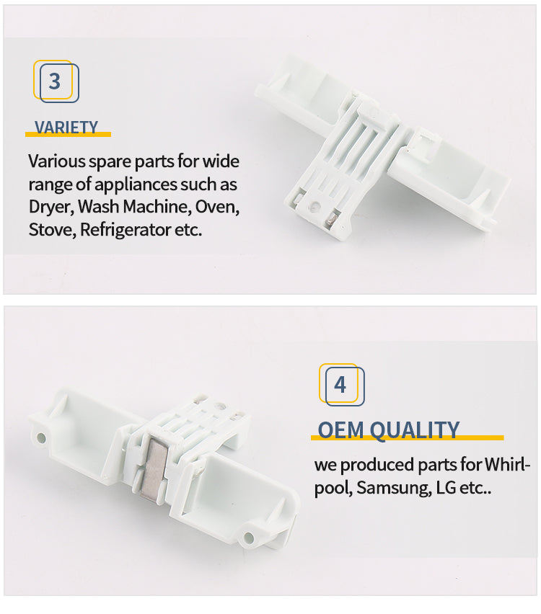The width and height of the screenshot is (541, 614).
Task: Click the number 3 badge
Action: (x=56, y=81)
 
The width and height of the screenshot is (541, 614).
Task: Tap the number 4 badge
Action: (x=341, y=385)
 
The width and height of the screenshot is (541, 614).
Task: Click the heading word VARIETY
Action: (x=66, y=128)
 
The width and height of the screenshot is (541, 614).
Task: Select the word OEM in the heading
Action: (x=340, y=430)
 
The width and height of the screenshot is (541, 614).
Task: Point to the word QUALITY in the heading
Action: (x=414, y=430)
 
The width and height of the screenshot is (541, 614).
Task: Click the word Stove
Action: (x=52, y=230)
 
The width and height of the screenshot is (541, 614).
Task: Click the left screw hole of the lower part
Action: (x=41, y=437)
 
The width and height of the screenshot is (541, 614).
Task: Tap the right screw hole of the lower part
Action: (x=249, y=537)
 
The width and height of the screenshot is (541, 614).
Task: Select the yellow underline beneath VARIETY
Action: (x=69, y=134)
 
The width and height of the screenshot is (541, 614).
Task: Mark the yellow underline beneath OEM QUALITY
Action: (x=408, y=437)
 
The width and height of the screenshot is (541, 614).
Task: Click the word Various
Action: (x=56, y=161)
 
